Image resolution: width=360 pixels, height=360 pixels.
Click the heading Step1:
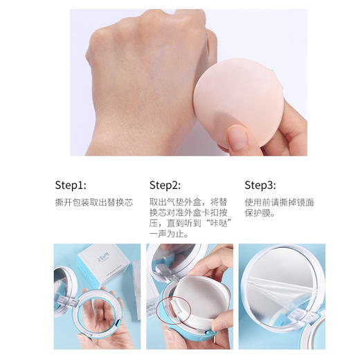coord(70,185)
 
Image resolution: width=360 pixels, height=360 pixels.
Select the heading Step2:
coord(165,185)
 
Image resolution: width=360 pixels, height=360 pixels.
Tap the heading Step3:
coord(260,185)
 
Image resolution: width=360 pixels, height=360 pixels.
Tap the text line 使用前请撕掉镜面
coord(280,202)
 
